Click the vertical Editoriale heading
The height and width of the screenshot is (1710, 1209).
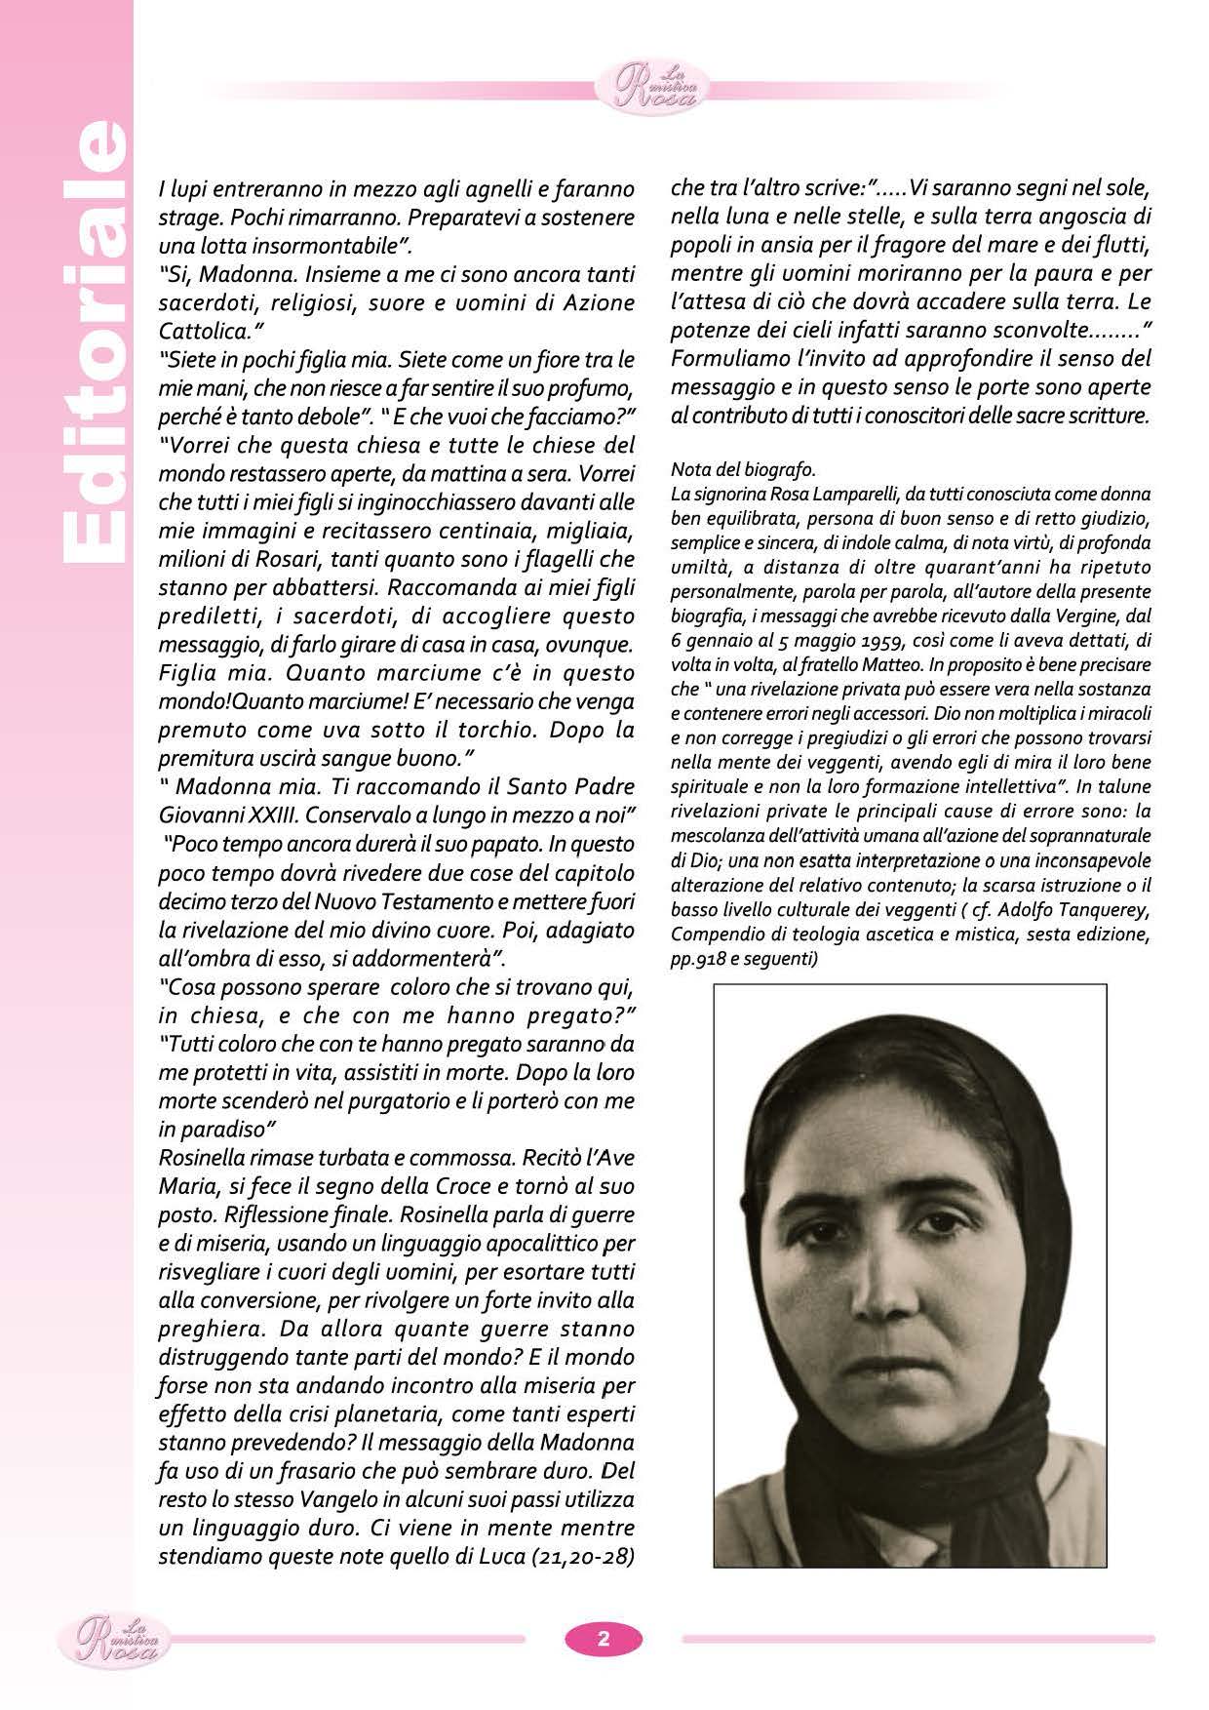pyautogui.click(x=94, y=341)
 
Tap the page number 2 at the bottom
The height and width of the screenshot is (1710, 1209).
pyautogui.click(x=604, y=1638)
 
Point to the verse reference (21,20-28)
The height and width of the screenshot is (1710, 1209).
pyautogui.click(x=582, y=1557)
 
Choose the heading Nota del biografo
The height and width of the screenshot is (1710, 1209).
pyautogui.click(x=743, y=471)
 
